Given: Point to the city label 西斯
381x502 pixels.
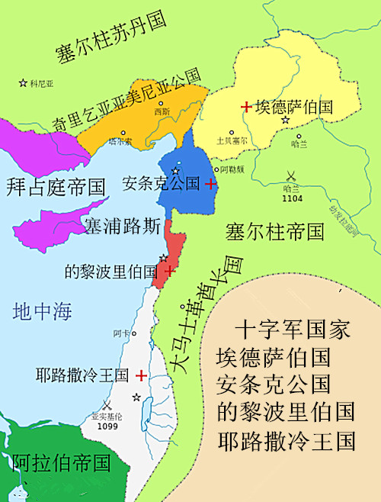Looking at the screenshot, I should coord(162,112).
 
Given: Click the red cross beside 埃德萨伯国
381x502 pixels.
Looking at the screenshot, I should coord(245,107).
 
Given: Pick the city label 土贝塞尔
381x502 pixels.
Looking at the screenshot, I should coord(232,140).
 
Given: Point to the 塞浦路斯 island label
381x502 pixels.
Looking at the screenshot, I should coord(122,226).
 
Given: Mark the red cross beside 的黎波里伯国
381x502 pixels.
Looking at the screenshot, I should coord(168,270).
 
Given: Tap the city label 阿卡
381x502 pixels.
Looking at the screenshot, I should coord(120,333).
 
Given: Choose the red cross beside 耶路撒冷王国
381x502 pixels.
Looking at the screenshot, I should coord(141,375).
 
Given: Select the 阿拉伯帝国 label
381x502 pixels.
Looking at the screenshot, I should coord(61,462).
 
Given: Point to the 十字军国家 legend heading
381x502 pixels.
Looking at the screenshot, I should coord(293,330).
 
